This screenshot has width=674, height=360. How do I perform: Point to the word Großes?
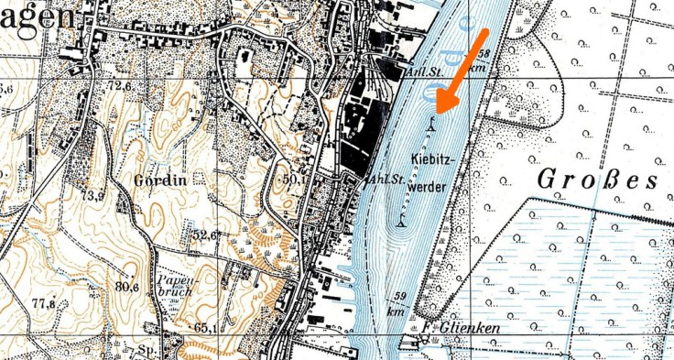click(596, 178)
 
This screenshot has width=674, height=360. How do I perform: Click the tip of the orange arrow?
click(438, 111)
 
